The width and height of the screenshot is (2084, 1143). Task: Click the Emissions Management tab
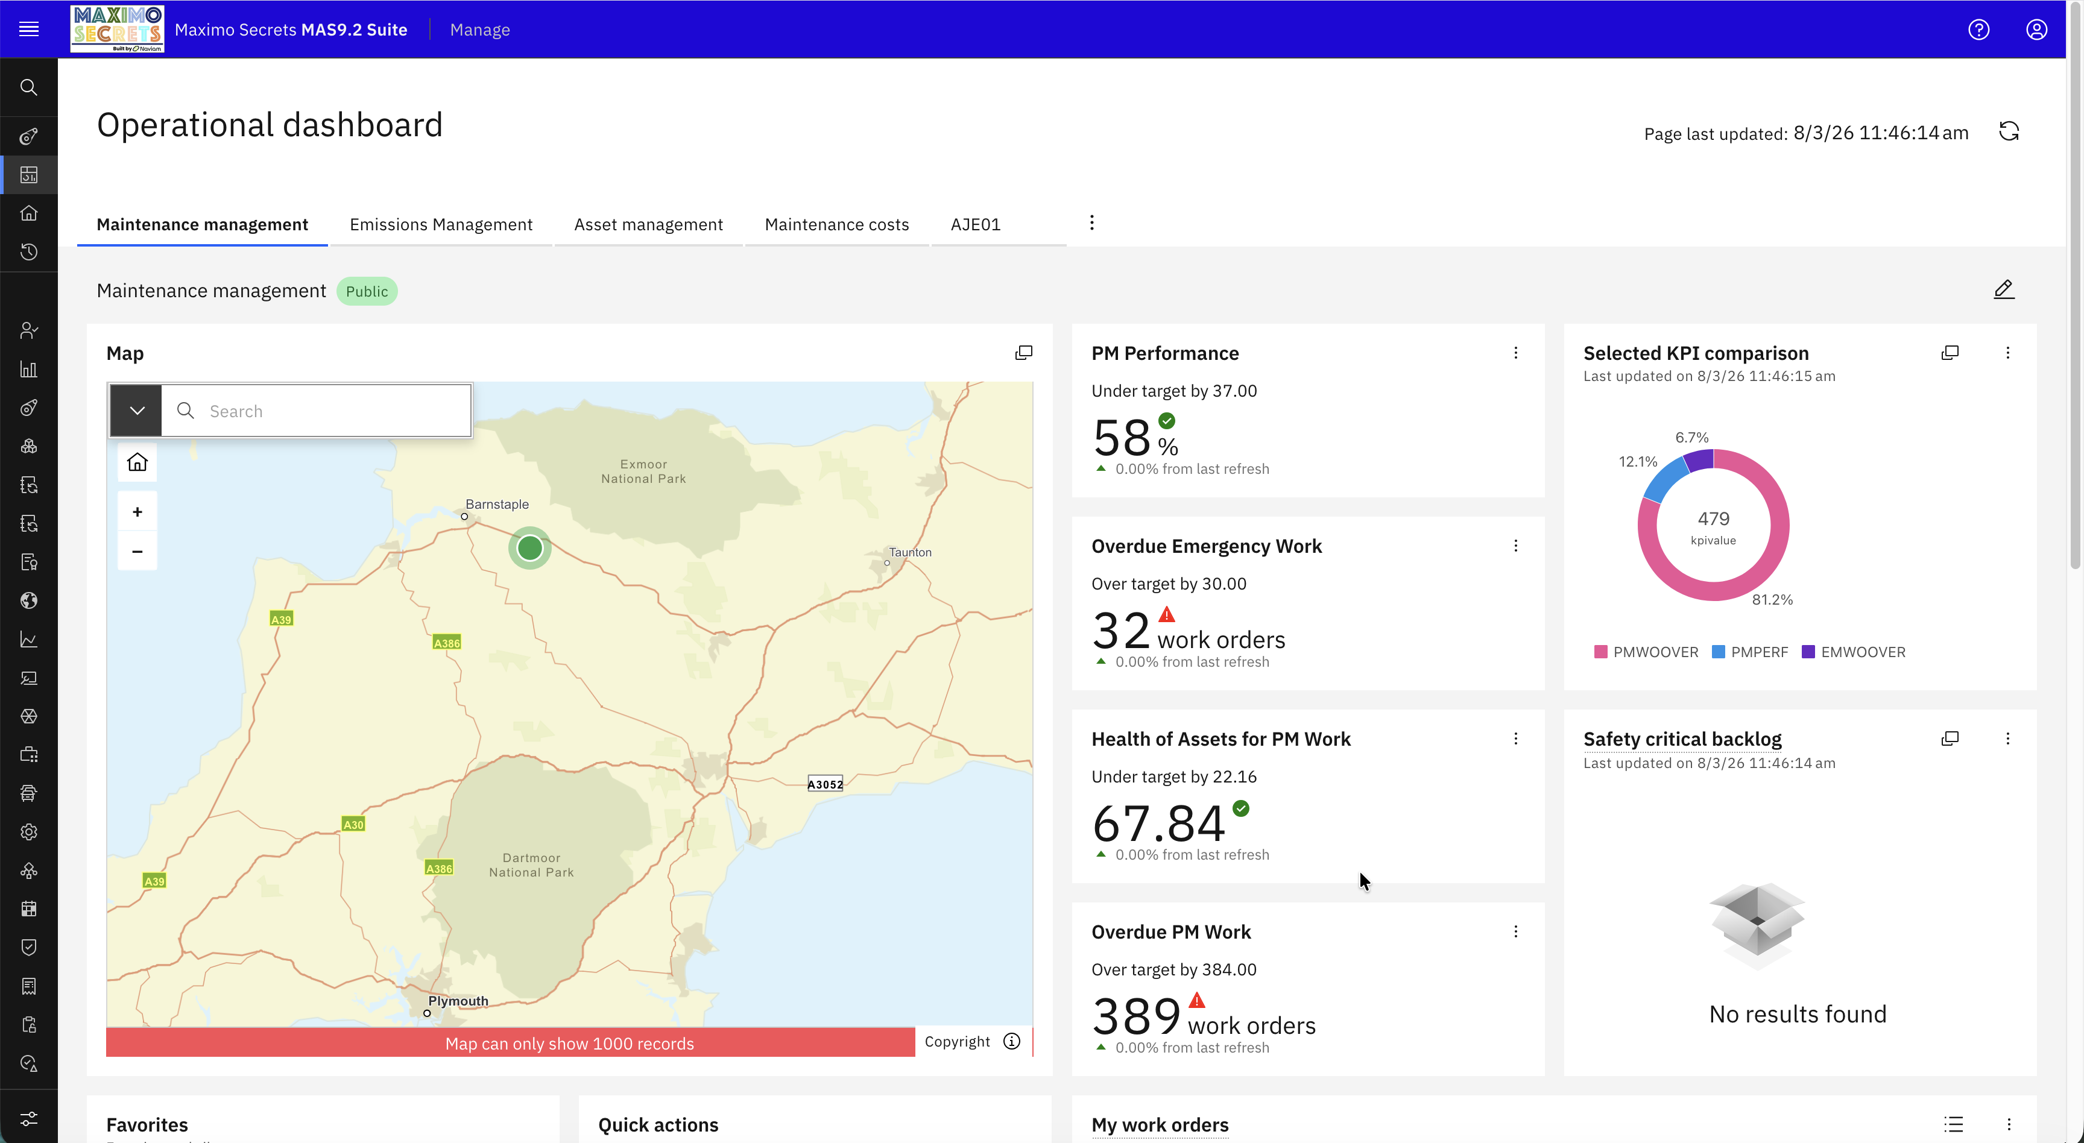441,224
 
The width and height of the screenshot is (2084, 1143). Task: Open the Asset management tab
648,224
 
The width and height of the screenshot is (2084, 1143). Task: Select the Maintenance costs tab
836,224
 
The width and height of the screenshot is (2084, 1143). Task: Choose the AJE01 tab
975,224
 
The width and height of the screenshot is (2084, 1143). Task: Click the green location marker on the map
530,549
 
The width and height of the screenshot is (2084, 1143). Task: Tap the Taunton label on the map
910,552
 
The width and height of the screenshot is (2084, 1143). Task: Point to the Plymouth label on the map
458,1001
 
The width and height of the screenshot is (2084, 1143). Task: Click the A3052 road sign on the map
825,784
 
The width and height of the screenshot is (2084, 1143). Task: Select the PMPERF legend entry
1750,652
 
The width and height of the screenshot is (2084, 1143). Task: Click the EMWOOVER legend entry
1854,652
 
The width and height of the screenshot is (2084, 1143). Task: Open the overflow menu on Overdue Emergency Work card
1515,546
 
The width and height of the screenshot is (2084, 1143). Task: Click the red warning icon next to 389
1196,1001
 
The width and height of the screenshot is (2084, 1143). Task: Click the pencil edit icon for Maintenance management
2003,289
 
